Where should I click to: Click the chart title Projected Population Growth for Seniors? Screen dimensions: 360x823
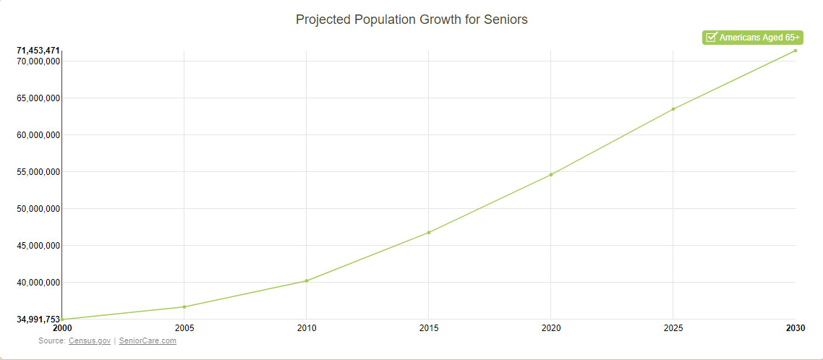[x=412, y=20]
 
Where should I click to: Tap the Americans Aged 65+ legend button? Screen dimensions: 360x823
[x=752, y=38]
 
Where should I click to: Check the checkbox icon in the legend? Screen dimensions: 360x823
[x=711, y=38]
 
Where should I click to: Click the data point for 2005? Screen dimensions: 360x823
[x=184, y=307]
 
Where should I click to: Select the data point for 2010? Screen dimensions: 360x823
[x=307, y=280]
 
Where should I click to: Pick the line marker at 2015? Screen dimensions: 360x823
[x=429, y=232]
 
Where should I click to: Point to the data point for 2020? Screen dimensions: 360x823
[x=551, y=174]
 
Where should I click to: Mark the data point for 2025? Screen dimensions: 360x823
[x=673, y=109]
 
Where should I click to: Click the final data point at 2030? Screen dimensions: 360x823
[x=796, y=51]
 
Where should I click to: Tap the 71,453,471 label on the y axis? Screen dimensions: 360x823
[x=38, y=51]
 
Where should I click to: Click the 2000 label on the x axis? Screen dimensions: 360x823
[x=62, y=328]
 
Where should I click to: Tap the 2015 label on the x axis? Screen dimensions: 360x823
[x=429, y=328]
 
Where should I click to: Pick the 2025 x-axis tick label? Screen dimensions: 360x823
[x=673, y=328]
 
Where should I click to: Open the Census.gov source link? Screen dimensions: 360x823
[x=90, y=340]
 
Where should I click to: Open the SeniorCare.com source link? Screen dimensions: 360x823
[x=148, y=340]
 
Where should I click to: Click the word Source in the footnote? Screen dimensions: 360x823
[x=51, y=340]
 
